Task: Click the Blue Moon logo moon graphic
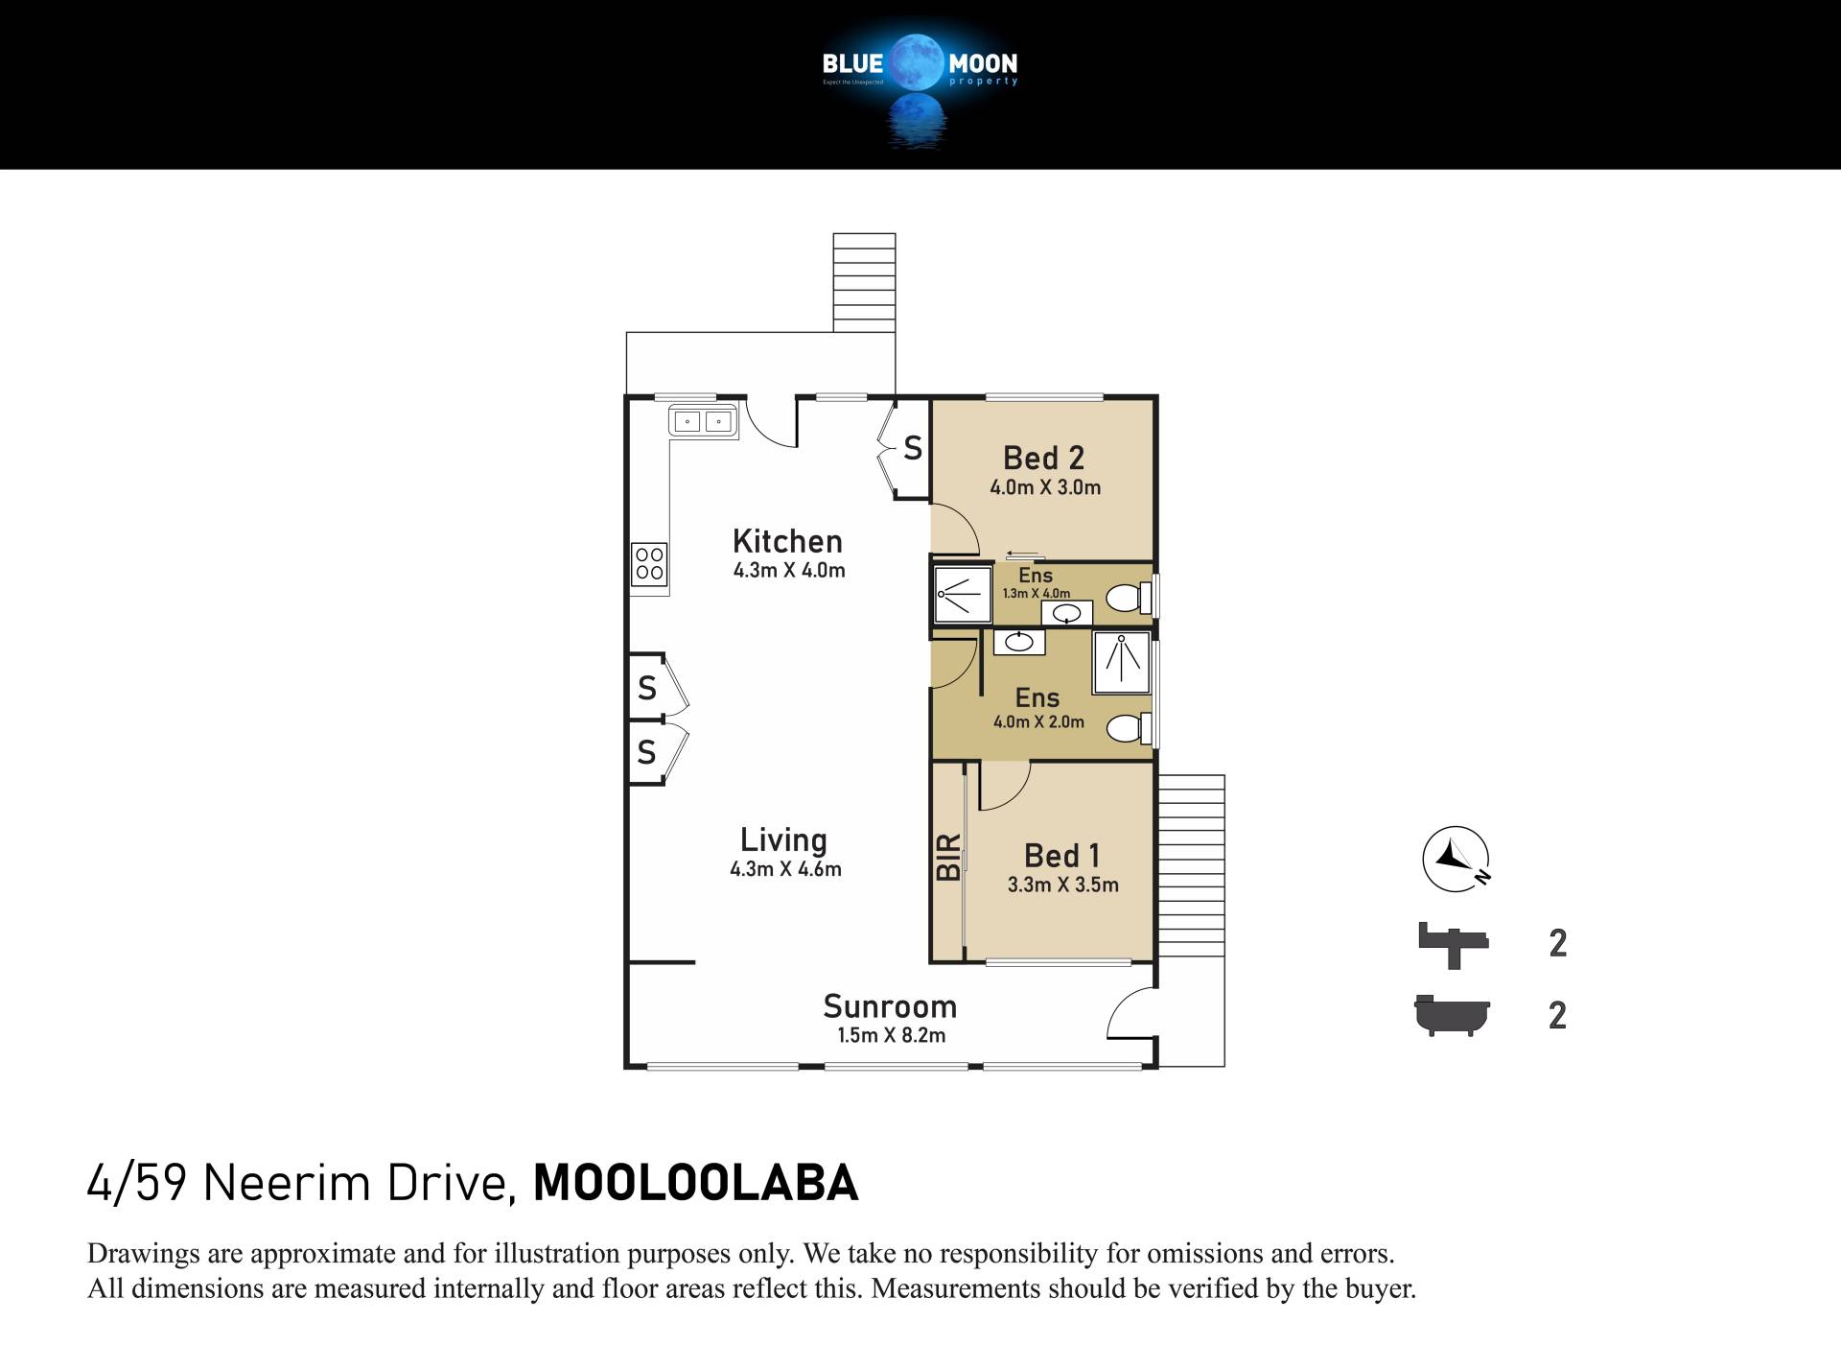coord(919,62)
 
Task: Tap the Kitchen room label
coord(787,541)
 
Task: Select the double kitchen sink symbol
coord(703,420)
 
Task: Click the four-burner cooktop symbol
coord(649,564)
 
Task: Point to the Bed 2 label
coord(1044,458)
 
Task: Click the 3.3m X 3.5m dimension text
coord(1062,885)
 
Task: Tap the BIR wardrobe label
coord(947,858)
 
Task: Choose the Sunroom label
coord(890,1006)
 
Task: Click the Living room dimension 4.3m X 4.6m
coord(785,869)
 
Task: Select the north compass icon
coord(1456,858)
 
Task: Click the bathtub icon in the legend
coord(1453,1015)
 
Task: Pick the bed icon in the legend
coord(1454,945)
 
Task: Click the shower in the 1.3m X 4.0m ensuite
coord(963,595)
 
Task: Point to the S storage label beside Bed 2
coord(913,448)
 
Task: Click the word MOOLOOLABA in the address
coord(695,1183)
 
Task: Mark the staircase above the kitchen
coord(864,282)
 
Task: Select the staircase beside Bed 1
coord(1191,865)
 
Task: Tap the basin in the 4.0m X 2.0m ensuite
coord(1018,642)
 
